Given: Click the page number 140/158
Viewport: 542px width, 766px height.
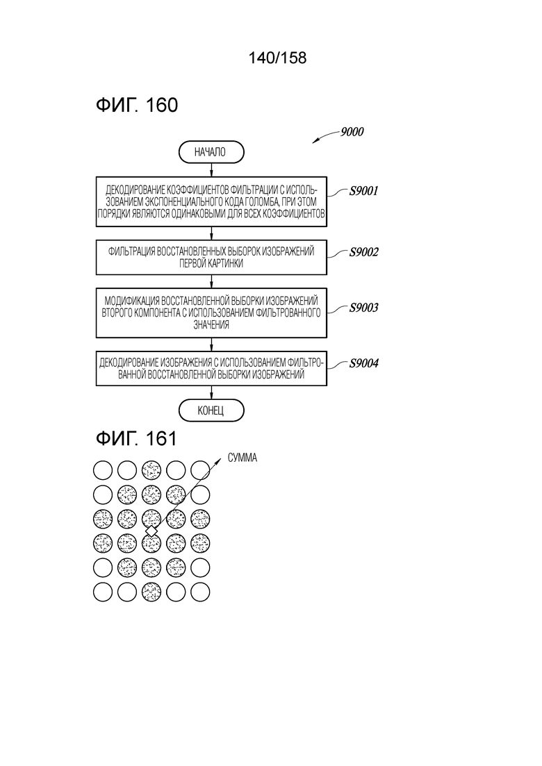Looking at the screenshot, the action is [277, 58].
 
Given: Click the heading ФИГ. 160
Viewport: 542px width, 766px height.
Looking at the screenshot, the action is [137, 105].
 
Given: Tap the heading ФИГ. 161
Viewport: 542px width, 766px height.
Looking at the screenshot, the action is [136, 438].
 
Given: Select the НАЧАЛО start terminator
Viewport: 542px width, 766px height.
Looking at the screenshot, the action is [211, 152].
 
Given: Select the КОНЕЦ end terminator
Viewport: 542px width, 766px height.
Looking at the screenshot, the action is [211, 410].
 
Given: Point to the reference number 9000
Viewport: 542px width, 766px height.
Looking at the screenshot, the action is [352, 132].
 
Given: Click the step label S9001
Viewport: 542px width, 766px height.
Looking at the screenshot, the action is [363, 191].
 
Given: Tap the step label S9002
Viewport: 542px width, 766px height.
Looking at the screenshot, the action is [363, 252].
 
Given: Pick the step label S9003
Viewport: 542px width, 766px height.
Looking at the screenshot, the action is [363, 308].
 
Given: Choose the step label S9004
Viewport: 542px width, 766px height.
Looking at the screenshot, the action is [363, 363].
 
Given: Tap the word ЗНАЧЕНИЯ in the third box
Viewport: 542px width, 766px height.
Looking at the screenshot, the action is [211, 325].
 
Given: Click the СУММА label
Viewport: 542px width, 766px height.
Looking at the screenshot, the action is [243, 458].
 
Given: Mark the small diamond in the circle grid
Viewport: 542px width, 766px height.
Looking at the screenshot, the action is [151, 531].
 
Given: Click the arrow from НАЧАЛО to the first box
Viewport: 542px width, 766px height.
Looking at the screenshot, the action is [211, 169].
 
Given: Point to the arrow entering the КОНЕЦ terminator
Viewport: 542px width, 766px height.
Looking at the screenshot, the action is [211, 393].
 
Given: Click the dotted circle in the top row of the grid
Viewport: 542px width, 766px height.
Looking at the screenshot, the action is [151, 470].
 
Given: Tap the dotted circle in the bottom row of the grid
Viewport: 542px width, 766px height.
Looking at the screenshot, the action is [151, 592].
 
